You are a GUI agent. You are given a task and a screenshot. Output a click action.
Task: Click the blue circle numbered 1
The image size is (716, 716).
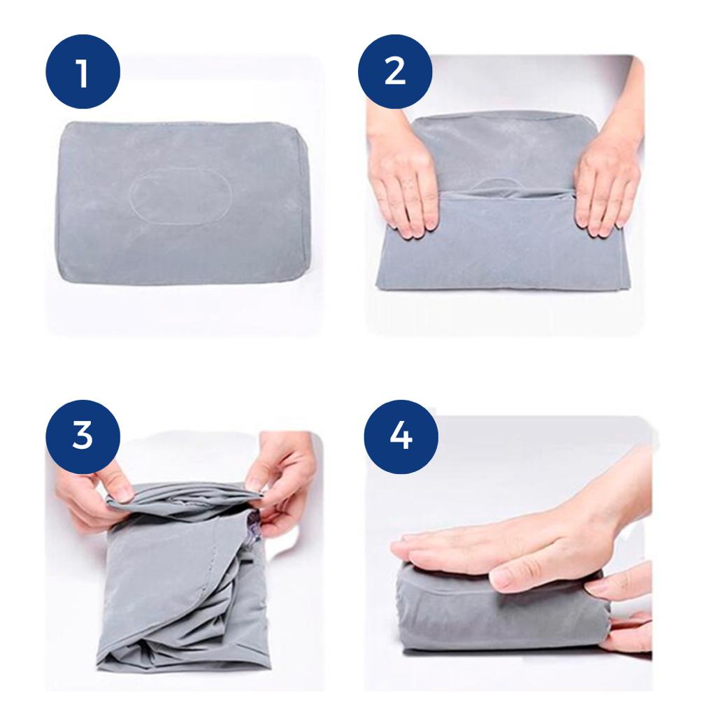[83, 71]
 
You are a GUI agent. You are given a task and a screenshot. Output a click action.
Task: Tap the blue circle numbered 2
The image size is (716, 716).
[395, 71]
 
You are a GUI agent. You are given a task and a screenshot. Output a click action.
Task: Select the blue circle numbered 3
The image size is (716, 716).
[83, 437]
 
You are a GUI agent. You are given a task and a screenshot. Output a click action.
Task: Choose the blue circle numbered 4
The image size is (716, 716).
[401, 437]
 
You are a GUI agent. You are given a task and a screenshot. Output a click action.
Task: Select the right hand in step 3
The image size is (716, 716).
[281, 480]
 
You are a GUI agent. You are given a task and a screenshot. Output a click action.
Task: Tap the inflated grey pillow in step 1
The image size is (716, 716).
[180, 202]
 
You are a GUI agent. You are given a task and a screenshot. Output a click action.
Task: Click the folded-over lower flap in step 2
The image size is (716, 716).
[498, 242]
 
